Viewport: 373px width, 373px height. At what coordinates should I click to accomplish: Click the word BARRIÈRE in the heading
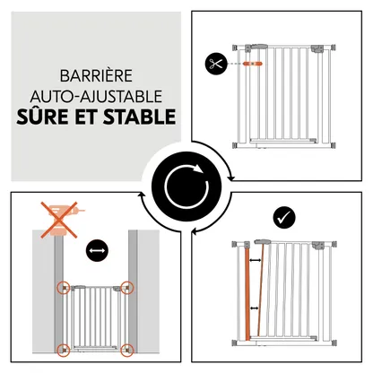point(96,76)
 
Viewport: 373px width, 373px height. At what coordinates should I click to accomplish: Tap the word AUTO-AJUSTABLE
point(96,96)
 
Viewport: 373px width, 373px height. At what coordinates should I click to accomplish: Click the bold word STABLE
point(139,117)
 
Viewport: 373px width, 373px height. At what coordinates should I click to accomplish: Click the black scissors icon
point(216,64)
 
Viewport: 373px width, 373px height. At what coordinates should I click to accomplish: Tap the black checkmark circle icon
point(284,218)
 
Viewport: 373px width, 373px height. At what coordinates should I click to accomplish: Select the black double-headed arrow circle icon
point(97,250)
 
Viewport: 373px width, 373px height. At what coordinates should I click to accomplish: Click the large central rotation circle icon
point(186,186)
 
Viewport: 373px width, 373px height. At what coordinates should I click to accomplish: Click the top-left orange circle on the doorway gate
point(64,288)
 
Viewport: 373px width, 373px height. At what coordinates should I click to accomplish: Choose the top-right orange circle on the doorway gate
point(127,288)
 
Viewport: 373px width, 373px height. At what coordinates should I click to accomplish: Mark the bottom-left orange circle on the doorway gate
point(64,350)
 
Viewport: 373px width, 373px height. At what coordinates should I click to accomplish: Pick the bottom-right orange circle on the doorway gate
point(127,350)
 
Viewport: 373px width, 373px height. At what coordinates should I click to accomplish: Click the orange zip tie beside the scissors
point(253,64)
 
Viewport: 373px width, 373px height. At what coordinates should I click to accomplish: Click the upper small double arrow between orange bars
point(256,261)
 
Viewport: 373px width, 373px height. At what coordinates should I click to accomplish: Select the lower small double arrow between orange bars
point(255,308)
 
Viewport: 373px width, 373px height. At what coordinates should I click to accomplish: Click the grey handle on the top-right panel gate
point(259,47)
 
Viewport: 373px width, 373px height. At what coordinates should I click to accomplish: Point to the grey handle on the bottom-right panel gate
point(263,241)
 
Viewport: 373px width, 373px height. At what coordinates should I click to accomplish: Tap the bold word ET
point(85,117)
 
